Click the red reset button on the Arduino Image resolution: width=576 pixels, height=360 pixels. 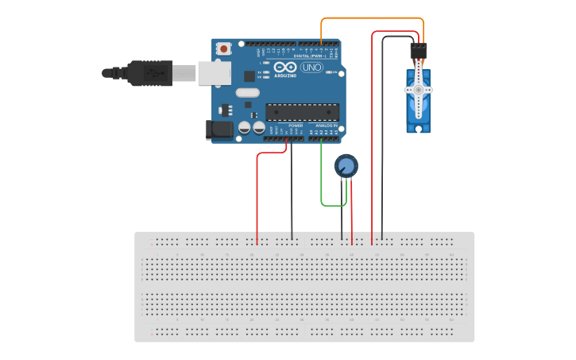[224, 48]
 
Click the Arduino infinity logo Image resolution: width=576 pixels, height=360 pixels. [285, 68]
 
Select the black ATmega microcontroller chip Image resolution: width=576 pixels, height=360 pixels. [302, 114]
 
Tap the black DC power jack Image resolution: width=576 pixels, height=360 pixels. [215, 130]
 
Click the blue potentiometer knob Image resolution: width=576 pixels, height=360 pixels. [346, 166]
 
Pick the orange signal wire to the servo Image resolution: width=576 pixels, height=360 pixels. [373, 18]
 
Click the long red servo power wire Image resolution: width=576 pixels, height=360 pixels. [372, 143]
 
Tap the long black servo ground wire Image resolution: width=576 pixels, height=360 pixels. [382, 143]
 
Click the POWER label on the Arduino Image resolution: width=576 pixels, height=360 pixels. [296, 126]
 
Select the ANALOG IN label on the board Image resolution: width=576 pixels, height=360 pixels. [326, 126]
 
